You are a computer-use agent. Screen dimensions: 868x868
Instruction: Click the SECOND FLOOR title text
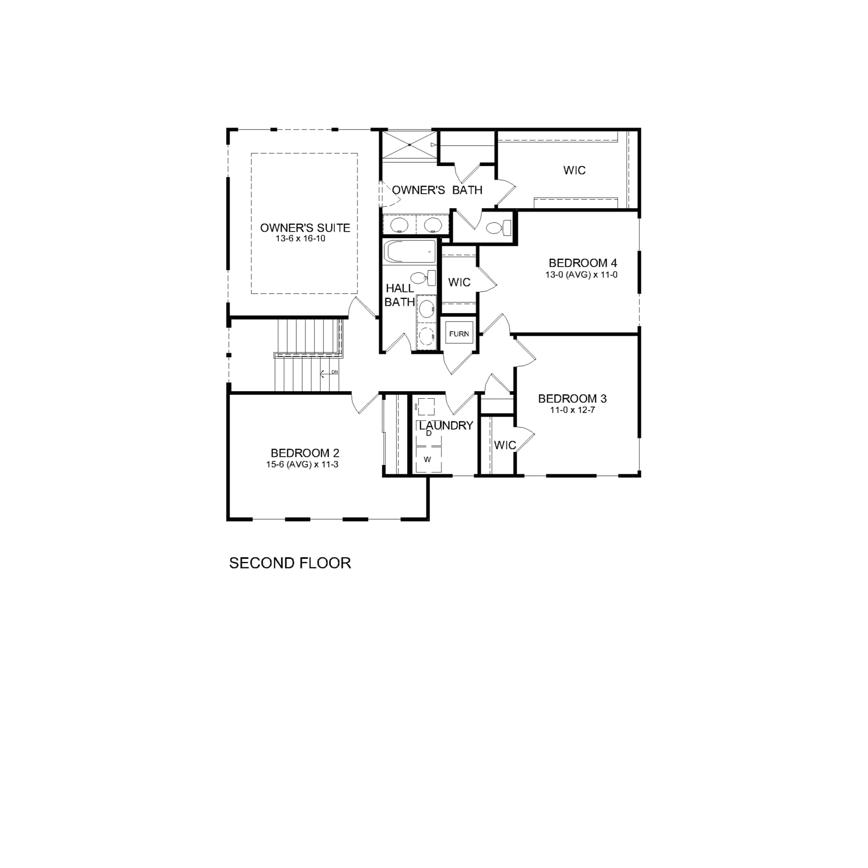coord(290,563)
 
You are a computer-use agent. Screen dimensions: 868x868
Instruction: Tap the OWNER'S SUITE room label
coord(305,228)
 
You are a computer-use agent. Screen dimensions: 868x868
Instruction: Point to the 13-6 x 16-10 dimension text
coord(301,239)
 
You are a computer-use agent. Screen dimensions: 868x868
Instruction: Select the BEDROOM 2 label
coord(305,453)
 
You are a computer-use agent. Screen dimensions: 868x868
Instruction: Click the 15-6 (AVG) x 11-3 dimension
coord(302,464)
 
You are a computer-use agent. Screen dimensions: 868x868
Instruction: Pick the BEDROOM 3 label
coord(572,399)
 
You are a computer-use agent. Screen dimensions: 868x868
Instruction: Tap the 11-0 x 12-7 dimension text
coord(572,410)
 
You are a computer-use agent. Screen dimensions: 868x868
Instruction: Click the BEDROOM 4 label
coord(583,263)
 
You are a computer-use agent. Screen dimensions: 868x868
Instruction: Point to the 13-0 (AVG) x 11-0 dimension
coord(582,275)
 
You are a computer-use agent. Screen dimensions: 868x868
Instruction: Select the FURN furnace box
coord(459,334)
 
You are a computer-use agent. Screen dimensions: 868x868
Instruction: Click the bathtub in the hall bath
coord(410,252)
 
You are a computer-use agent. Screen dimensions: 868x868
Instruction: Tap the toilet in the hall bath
coord(423,278)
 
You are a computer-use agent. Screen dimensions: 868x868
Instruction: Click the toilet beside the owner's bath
coord(499,227)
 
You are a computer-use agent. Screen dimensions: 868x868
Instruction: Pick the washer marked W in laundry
coord(428,459)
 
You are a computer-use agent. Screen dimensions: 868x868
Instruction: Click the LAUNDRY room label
coord(446,426)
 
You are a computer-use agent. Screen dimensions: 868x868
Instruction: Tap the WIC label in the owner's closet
coord(575,170)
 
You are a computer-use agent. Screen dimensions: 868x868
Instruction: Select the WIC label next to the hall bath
coord(459,282)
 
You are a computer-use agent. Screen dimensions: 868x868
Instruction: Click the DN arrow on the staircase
coord(329,373)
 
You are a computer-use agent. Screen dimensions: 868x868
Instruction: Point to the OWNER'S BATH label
coord(437,190)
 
